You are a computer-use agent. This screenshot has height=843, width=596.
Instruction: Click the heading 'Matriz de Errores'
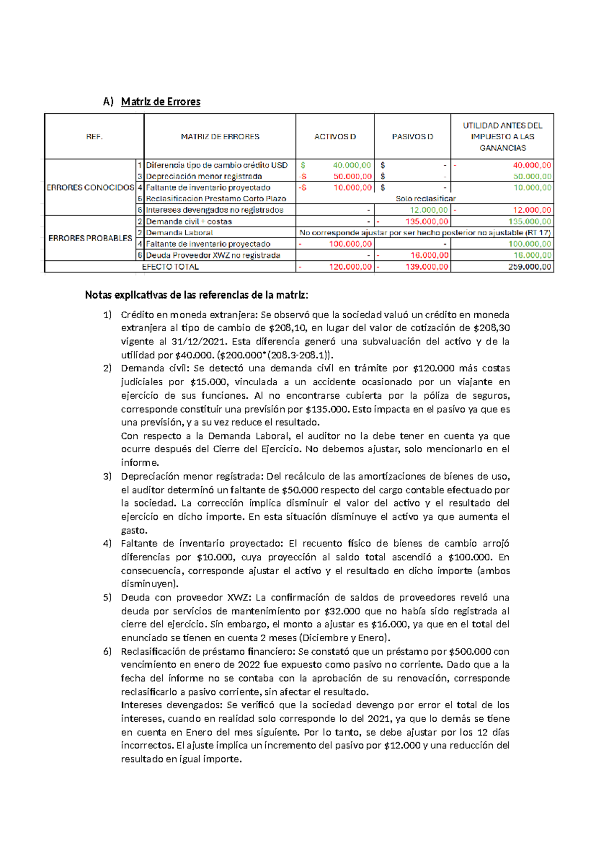tap(160, 102)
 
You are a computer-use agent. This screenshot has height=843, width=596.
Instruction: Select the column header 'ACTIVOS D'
tap(335, 137)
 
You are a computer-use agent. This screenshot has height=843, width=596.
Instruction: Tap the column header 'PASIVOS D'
tap(412, 137)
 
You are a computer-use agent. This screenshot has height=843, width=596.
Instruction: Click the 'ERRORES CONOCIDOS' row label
tap(90, 187)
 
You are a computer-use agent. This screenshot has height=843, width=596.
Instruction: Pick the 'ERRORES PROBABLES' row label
tap(90, 238)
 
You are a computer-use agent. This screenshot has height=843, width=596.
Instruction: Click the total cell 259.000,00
tap(529, 267)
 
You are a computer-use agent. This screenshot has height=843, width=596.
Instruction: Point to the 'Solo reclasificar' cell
tap(425, 199)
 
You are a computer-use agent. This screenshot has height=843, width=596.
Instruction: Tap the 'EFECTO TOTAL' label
tap(170, 267)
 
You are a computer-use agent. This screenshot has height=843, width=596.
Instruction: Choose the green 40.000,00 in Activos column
tap(352, 165)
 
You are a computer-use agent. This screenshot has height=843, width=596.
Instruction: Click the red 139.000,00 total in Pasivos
tap(427, 267)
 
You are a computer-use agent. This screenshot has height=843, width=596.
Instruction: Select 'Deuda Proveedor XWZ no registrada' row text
tap(213, 255)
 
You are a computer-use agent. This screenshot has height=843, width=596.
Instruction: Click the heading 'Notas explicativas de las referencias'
tap(196, 295)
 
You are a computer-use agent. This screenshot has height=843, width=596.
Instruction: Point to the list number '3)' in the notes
tap(108, 476)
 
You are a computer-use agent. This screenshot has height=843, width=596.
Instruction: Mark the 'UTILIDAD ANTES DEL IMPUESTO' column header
tap(502, 137)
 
